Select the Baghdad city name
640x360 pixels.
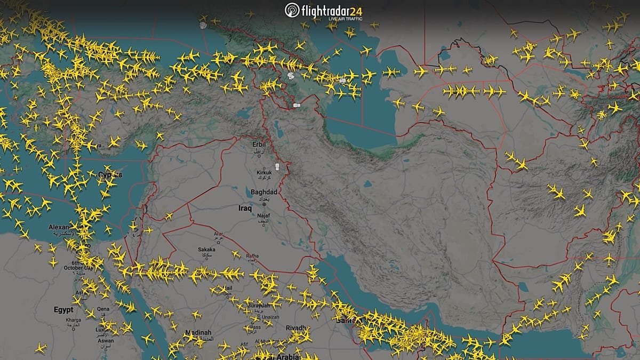[x=264, y=192]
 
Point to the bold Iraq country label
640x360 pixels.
[x=245, y=209]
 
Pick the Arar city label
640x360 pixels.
[x=218, y=234]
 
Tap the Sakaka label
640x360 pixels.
[x=206, y=249]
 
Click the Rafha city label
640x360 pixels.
[x=252, y=257]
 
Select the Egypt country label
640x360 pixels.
[x=63, y=310]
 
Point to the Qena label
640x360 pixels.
[x=103, y=309]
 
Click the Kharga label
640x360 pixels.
[x=73, y=320]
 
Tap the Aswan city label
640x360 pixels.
[x=105, y=341]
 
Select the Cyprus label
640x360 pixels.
[x=110, y=175]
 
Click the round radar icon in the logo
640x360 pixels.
[x=292, y=10]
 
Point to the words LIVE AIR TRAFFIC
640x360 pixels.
[x=345, y=19]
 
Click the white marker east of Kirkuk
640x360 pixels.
[x=277, y=168]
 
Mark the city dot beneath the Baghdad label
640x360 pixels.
[x=264, y=204]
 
